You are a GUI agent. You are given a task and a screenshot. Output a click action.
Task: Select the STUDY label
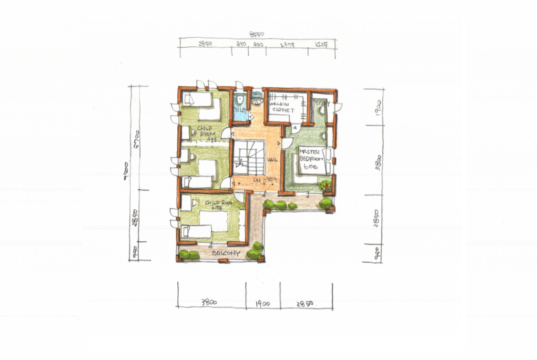coord(322,102)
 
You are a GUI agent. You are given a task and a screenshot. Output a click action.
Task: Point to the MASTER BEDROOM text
coord(311,158)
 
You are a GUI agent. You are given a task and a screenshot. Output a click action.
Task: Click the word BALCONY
coord(226,253)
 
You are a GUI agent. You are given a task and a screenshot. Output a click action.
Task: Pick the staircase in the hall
coord(248,158)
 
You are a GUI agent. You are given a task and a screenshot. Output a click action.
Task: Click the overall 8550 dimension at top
coord(257,34)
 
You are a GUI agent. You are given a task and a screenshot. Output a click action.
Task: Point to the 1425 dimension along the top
coord(322,46)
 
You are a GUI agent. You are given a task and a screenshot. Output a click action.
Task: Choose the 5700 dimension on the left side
coord(136,139)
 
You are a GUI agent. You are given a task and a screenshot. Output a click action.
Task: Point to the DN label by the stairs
coord(256,180)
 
